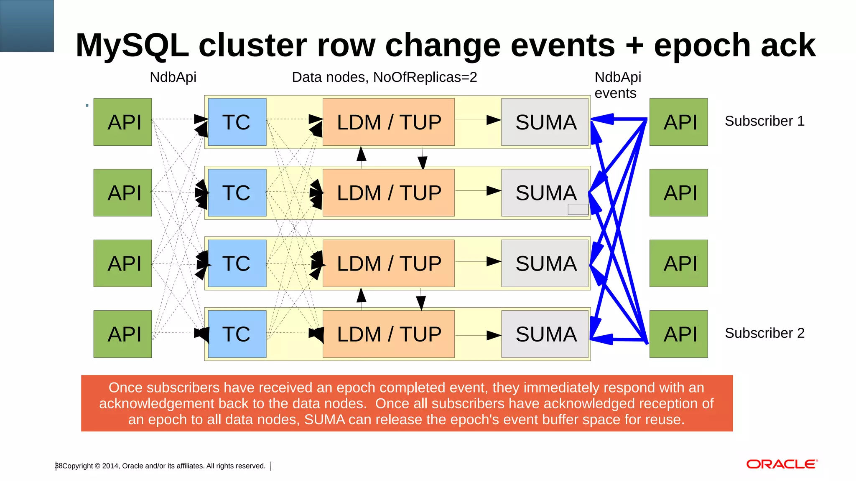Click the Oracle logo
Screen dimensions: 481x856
tap(782, 464)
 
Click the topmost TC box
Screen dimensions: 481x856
tap(237, 122)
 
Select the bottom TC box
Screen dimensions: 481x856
tap(237, 334)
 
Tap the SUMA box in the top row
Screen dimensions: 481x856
tap(545, 122)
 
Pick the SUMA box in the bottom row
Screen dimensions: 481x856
tap(545, 334)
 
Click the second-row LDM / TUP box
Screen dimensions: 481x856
tap(388, 192)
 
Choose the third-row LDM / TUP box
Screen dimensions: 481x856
tap(388, 263)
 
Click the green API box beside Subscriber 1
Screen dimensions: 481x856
tap(678, 122)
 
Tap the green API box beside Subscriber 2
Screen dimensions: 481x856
tap(678, 334)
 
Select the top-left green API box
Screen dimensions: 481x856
tap(122, 122)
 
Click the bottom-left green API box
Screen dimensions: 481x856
tap(122, 334)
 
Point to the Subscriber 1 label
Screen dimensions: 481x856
tap(764, 121)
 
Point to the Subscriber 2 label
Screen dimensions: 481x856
tap(764, 333)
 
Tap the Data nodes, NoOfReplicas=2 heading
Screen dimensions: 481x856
tap(384, 77)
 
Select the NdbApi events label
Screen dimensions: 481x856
tap(617, 85)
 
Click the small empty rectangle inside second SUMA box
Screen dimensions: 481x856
tap(578, 209)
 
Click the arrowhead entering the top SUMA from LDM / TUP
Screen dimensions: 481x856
tap(494, 120)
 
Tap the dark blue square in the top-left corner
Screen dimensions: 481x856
tap(27, 26)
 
